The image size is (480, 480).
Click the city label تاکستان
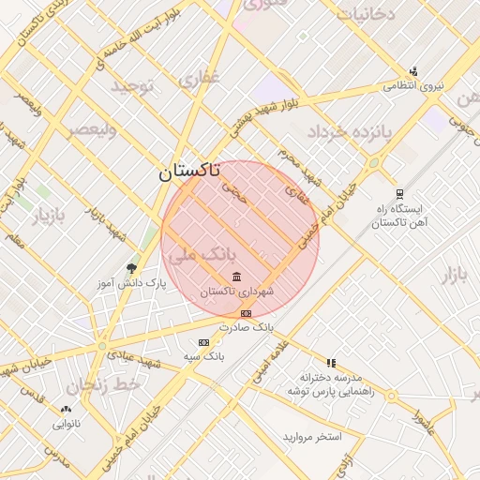point(189,172)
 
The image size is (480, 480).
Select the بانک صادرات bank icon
point(246,313)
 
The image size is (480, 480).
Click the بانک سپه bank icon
point(203,343)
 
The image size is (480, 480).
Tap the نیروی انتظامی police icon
point(413,71)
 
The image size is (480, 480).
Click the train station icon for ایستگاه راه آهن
point(400,194)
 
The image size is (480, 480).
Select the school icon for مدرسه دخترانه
point(330,363)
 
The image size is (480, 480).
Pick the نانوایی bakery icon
point(66,409)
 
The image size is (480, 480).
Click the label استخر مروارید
point(312,438)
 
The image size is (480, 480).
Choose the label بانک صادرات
point(246,328)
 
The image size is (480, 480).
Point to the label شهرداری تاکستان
point(236,292)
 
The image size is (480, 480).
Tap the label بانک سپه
point(203,357)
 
